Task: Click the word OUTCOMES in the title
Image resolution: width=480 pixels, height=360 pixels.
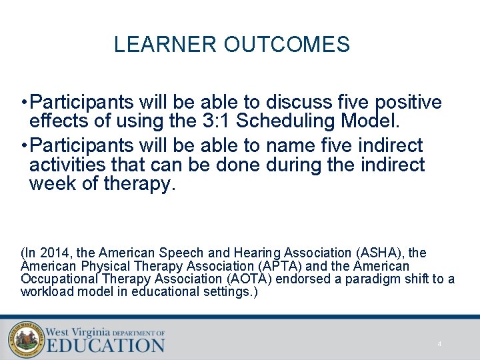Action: pyautogui.click(x=287, y=45)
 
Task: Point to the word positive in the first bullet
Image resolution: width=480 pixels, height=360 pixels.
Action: pyautogui.click(x=409, y=103)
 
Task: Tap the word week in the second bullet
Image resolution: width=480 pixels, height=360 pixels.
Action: pyautogui.click(x=53, y=184)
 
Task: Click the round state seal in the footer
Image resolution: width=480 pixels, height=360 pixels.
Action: pyautogui.click(x=26, y=339)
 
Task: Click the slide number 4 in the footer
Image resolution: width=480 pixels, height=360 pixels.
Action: pyautogui.click(x=439, y=344)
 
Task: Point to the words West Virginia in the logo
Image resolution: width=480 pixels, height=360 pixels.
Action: pyautogui.click(x=78, y=331)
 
